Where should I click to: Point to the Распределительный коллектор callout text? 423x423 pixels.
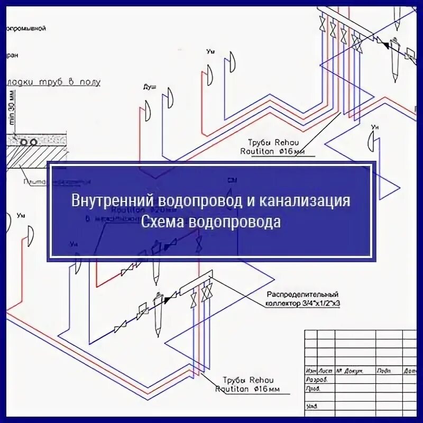[302, 295]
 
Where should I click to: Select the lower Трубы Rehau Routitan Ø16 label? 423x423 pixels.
[248, 385]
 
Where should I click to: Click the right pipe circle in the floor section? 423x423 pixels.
[33, 142]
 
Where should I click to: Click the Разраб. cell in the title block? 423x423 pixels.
[317, 380]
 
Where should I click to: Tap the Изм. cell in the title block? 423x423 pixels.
[311, 370]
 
